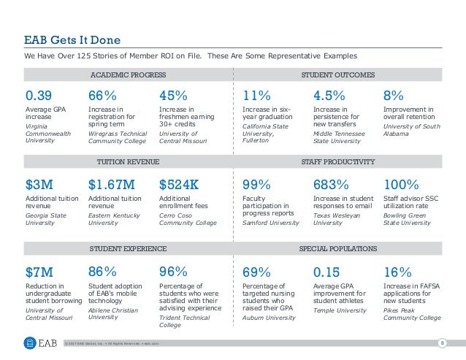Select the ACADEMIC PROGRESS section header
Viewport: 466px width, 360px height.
(128, 74)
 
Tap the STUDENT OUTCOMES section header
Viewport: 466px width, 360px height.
(338, 74)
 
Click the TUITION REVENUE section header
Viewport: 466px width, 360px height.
(128, 161)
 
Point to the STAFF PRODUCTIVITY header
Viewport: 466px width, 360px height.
(338, 161)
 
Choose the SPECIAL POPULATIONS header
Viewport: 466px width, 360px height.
(338, 249)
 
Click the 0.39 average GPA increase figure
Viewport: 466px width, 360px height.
(39, 96)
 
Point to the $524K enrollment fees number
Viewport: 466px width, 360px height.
(179, 183)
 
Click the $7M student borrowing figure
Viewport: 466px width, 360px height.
(39, 271)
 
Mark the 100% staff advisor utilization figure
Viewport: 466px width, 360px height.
(401, 183)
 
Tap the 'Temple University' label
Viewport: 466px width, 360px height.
(340, 310)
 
